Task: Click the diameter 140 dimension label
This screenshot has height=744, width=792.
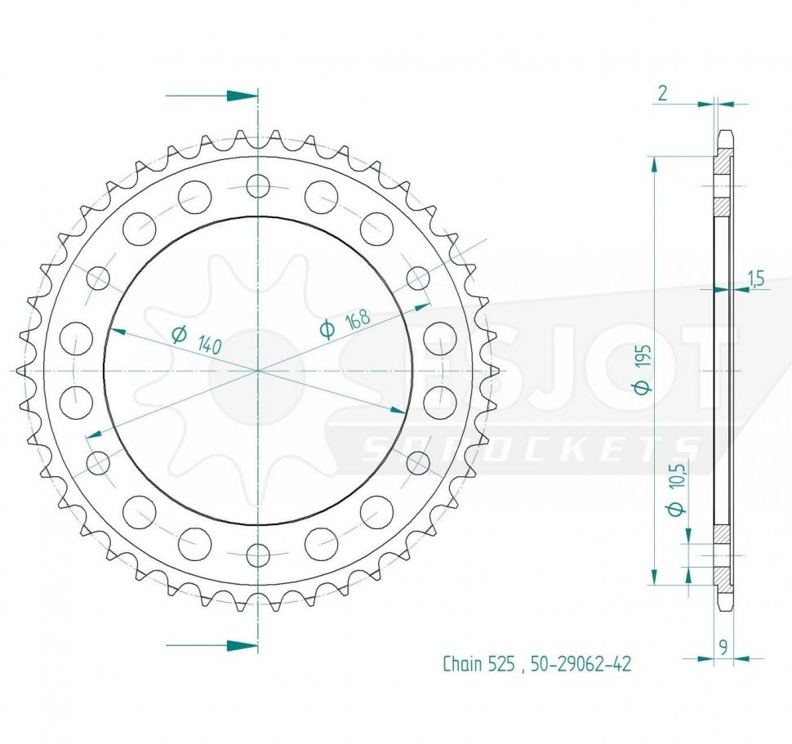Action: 197,340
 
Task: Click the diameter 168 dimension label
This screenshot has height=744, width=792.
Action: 345,323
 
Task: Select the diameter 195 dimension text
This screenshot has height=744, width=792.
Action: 644,368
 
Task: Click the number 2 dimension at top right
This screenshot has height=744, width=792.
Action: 663,93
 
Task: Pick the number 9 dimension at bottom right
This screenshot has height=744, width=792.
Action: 723,647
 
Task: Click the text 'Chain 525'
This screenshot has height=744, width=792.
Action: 478,664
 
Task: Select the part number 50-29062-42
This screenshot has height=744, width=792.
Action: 581,664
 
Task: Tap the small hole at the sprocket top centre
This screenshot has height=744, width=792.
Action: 258,185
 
